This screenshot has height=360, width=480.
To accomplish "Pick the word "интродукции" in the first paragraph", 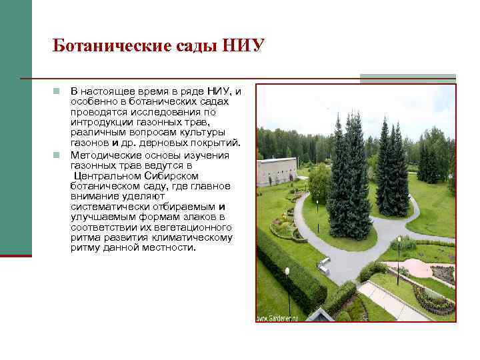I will pos(98,123).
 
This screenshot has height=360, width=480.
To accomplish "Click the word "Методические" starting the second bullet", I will pos(103,155).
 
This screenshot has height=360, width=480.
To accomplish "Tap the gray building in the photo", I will pos(275,171).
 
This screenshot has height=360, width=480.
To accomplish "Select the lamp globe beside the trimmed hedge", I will pos(287,271).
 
